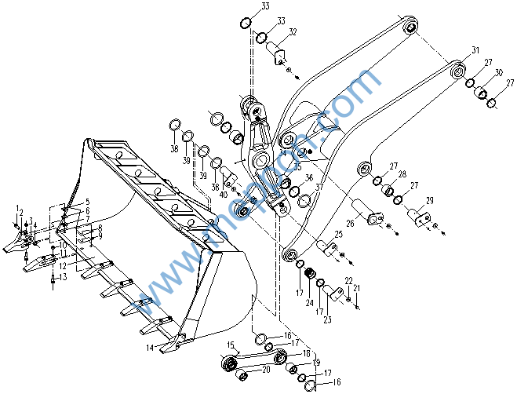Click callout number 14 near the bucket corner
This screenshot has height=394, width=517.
[x=150, y=346]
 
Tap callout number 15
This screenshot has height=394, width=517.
[x=231, y=345]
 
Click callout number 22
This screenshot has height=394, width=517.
[x=348, y=281]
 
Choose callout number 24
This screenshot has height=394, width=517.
[x=309, y=302]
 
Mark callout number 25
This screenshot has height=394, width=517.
[x=339, y=234]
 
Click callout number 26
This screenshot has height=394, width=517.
[x=350, y=223]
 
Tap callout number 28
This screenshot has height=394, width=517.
[x=402, y=173]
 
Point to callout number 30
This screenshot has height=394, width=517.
[x=498, y=72]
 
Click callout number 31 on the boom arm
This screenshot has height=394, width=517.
[x=475, y=50]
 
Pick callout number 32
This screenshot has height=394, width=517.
[x=293, y=32]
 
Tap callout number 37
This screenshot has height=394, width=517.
[x=319, y=188]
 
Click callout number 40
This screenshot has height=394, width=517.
[x=224, y=194]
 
